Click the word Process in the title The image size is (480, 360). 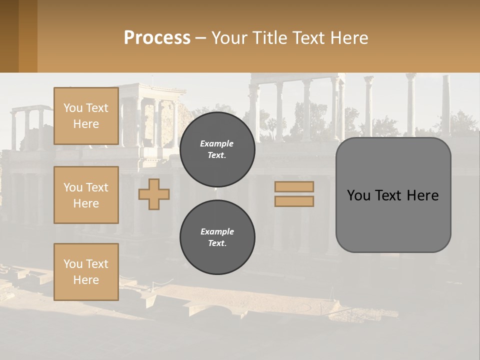[157, 38]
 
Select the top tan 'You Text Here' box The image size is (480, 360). [86, 116]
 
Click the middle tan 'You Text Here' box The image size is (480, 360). [86, 195]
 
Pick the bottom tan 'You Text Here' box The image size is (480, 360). [86, 272]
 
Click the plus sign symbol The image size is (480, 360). [153, 194]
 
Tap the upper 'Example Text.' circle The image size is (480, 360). [217, 149]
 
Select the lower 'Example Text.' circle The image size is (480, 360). [217, 237]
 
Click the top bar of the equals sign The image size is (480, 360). [294, 187]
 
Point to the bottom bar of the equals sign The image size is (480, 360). [294, 201]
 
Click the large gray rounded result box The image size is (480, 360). [393, 220]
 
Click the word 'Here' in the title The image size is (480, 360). [349, 38]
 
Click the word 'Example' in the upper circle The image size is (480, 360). [217, 143]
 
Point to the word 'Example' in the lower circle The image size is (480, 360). [217, 231]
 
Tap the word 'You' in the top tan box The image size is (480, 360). [73, 108]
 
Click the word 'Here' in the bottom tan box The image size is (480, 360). [86, 280]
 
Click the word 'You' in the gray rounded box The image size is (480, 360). [358, 195]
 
